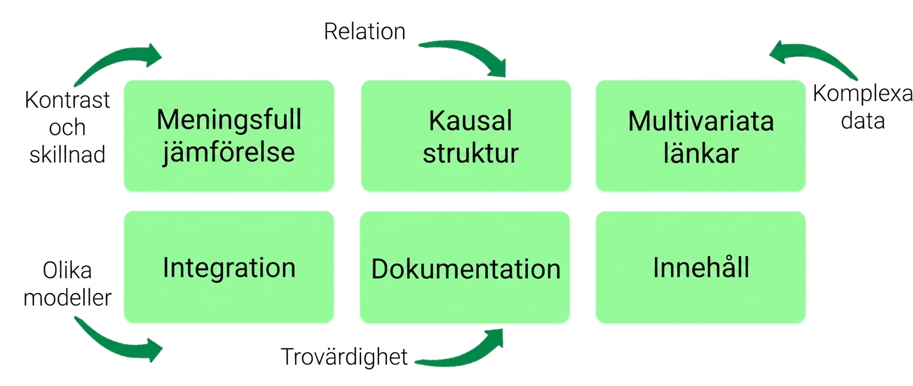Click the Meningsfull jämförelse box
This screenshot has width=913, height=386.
click(x=229, y=136)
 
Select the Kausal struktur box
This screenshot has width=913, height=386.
click(x=466, y=136)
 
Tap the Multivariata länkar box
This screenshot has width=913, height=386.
click(x=701, y=136)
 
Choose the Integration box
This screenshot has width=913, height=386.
click(x=229, y=267)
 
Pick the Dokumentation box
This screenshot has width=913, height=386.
click(x=465, y=267)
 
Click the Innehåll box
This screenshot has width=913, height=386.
click(x=701, y=267)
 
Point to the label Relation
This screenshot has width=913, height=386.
click(x=365, y=32)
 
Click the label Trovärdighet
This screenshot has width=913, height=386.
click(x=344, y=357)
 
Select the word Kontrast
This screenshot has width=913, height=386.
click(x=67, y=100)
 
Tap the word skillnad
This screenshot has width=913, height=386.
click(x=67, y=155)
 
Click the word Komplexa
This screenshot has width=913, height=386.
click(x=862, y=94)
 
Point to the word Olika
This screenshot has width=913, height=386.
click(x=67, y=271)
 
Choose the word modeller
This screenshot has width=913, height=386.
click(x=67, y=298)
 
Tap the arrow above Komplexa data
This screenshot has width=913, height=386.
click(x=815, y=57)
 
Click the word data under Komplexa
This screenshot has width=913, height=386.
click(x=863, y=121)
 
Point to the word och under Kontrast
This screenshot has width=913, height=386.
click(x=67, y=128)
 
